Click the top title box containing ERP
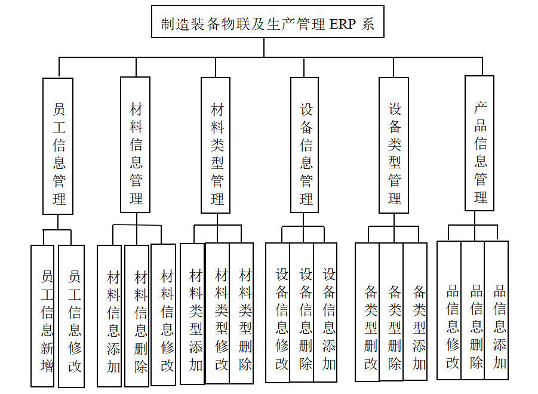pyautogui.click(x=268, y=22)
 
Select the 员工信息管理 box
pyautogui.click(x=58, y=146)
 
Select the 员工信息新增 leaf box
pyautogui.click(x=42, y=316)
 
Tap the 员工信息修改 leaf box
pyautogui.click(x=72, y=316)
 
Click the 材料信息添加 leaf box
pyautogui.click(x=110, y=316)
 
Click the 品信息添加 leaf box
pyautogui.click(x=497, y=310)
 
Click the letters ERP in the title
pyautogui.click(x=343, y=24)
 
